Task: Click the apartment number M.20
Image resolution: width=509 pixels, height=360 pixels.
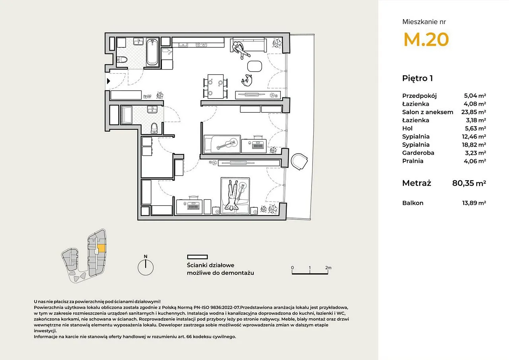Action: (426, 39)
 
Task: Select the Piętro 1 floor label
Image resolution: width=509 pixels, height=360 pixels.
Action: (418, 78)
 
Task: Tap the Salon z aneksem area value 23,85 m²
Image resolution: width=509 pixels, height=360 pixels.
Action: (474, 112)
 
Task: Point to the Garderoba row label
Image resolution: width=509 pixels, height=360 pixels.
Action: (418, 153)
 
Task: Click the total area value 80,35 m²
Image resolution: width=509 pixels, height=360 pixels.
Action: (469, 183)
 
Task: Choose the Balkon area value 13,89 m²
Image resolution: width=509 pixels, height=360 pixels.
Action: (474, 203)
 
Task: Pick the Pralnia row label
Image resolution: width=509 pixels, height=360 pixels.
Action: (413, 161)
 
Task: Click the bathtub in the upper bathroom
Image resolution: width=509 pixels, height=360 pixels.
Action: (152, 52)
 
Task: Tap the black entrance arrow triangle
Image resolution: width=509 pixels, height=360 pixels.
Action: (109, 81)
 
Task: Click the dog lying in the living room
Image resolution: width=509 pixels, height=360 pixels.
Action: (247, 80)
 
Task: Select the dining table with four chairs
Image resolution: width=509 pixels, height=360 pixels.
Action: (216, 86)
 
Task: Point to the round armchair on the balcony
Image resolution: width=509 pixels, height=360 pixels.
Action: (299, 162)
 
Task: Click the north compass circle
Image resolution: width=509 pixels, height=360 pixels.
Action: (146, 267)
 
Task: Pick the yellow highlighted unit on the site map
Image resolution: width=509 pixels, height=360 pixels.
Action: (101, 248)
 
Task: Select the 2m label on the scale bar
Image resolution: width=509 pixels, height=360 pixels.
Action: (328, 268)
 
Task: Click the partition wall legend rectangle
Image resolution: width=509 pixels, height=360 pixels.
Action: (198, 257)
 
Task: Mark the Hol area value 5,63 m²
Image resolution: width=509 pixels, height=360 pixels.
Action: (475, 128)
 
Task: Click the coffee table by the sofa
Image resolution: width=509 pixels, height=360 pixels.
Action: (254, 66)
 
